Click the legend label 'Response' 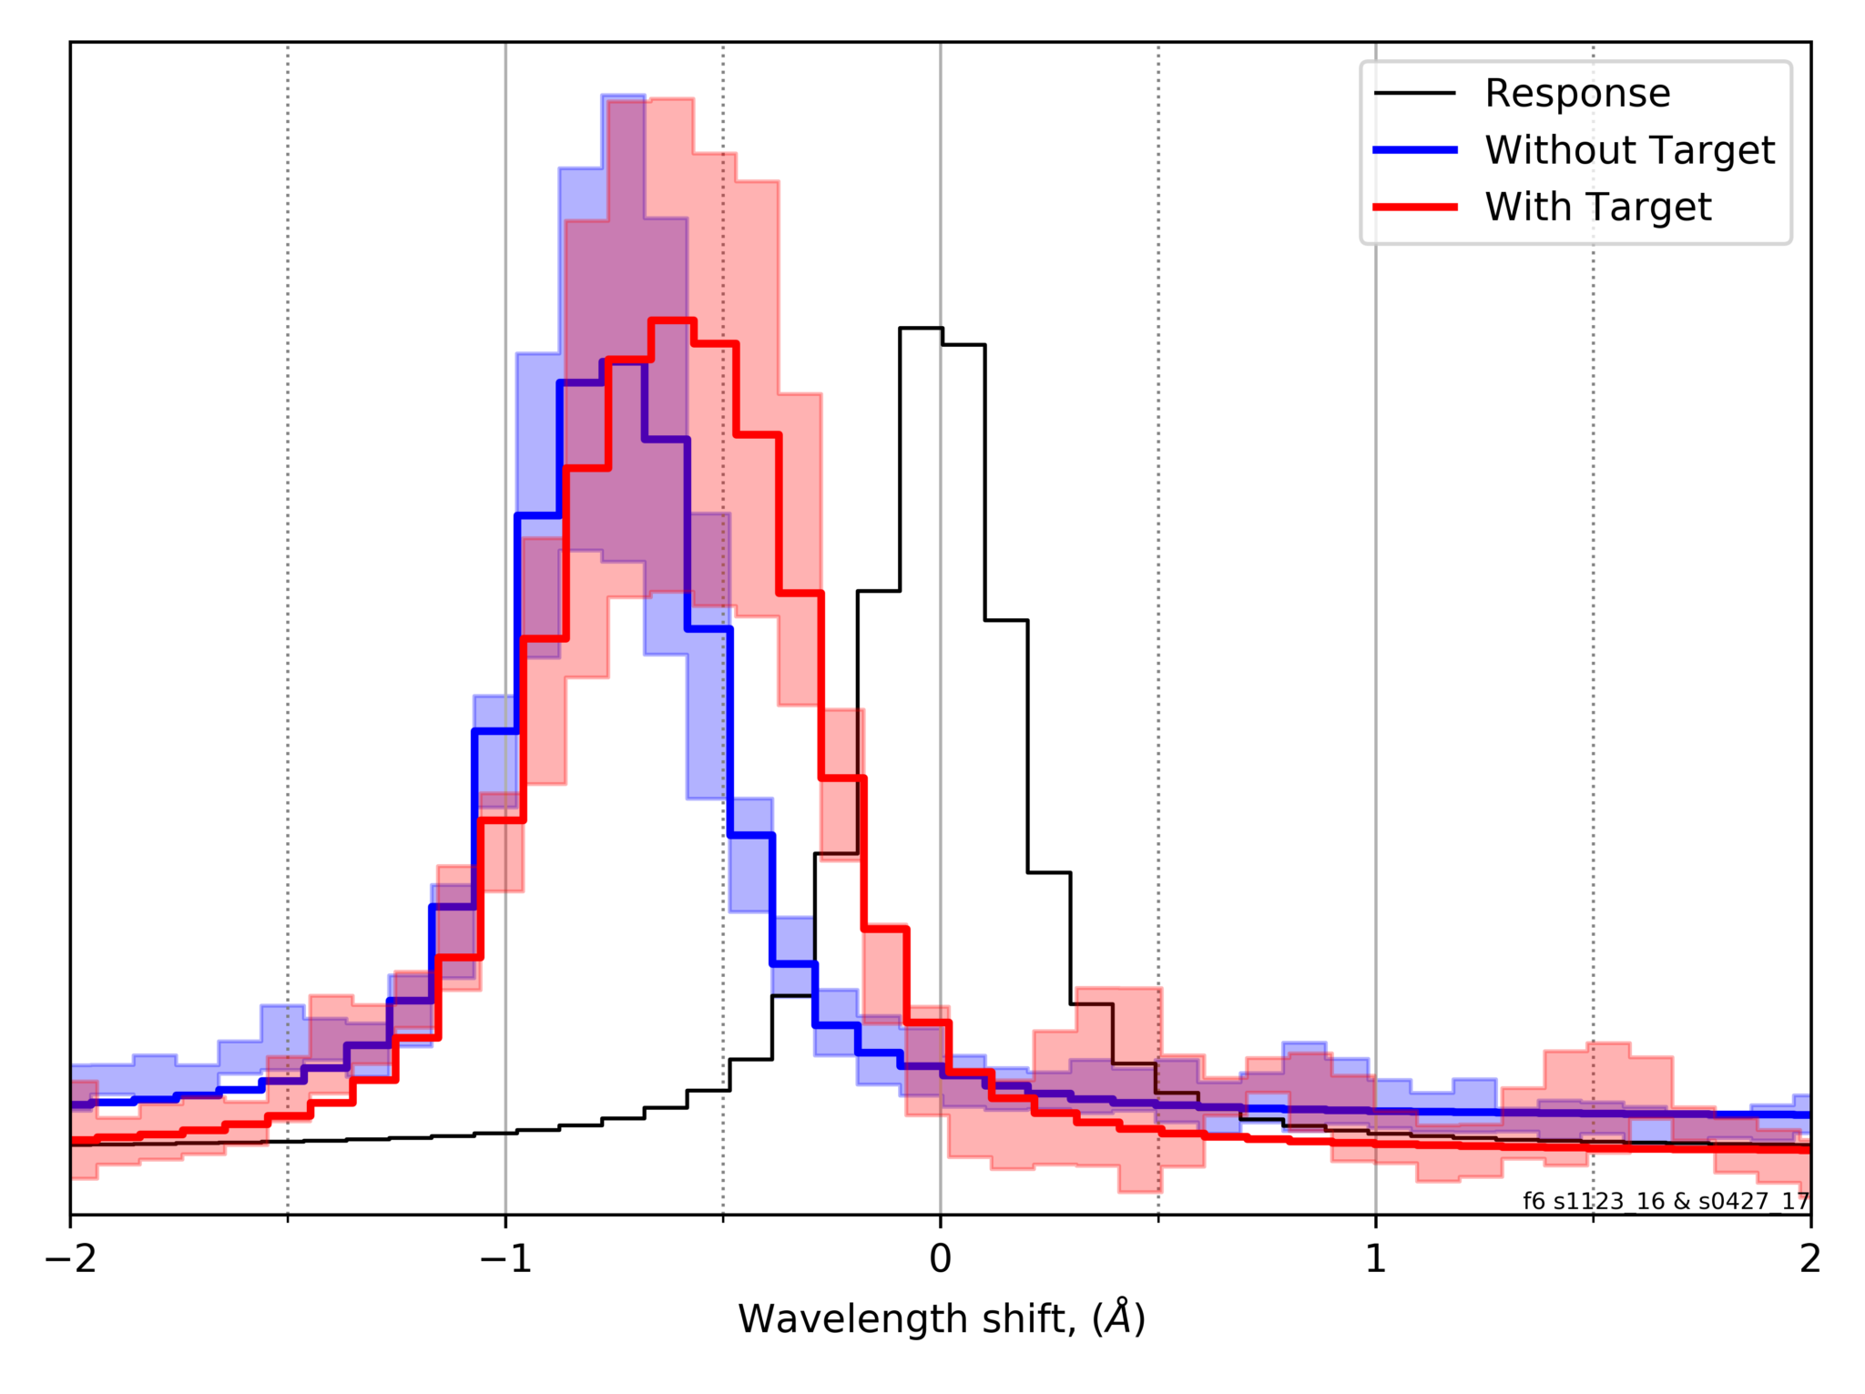click(x=1577, y=93)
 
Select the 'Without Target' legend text click(x=1629, y=150)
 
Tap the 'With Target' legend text click(x=1597, y=208)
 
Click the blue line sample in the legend click(x=1414, y=150)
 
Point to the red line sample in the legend click(x=1414, y=208)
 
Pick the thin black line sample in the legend click(x=1414, y=93)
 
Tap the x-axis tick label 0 click(x=940, y=1258)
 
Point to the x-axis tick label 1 click(x=1375, y=1258)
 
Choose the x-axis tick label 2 click(x=1809, y=1258)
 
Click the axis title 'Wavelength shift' click(x=906, y=1318)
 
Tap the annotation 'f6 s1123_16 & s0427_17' click(x=1666, y=1201)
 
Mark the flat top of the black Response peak click(x=921, y=328)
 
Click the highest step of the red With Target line click(x=672, y=320)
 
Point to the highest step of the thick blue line click(x=623, y=361)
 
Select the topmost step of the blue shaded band click(x=623, y=96)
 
